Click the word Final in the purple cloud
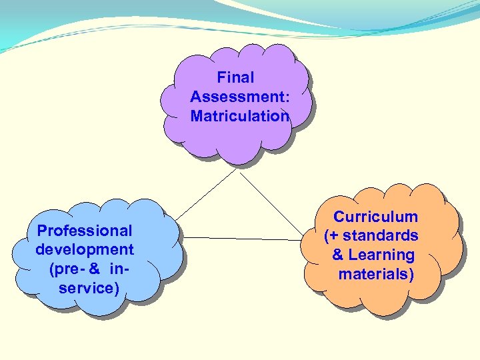click(235, 78)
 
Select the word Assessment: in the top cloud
click(240, 97)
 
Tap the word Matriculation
click(240, 117)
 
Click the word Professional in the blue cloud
click(85, 231)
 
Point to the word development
click(85, 250)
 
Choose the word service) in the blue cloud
click(89, 288)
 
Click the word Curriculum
click(376, 217)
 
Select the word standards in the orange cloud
click(381, 236)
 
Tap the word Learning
click(381, 255)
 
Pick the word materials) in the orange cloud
click(376, 274)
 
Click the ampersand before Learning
click(338, 255)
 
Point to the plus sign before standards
click(335, 236)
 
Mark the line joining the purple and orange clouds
click(270, 203)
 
